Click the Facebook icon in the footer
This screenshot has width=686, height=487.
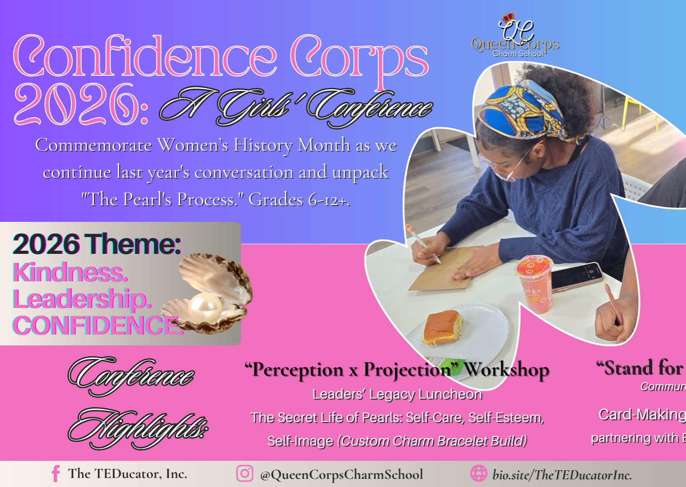[x=56, y=474]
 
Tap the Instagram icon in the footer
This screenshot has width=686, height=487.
[x=244, y=473]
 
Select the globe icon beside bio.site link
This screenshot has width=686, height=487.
[x=478, y=473]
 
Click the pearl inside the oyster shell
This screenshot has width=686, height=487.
[x=203, y=307]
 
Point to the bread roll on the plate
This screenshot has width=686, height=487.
[x=442, y=327]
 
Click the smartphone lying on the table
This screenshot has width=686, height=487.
[x=577, y=276]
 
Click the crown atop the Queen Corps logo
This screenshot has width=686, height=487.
[x=509, y=17]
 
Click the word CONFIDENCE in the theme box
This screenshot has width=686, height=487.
[x=97, y=326]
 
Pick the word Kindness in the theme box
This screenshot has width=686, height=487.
[x=70, y=272]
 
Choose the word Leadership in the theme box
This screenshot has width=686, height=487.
[x=81, y=299]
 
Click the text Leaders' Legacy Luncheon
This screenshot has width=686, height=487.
[x=397, y=395]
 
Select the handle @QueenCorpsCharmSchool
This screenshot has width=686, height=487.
[x=341, y=474]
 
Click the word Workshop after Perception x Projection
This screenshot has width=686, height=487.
[x=507, y=370]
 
